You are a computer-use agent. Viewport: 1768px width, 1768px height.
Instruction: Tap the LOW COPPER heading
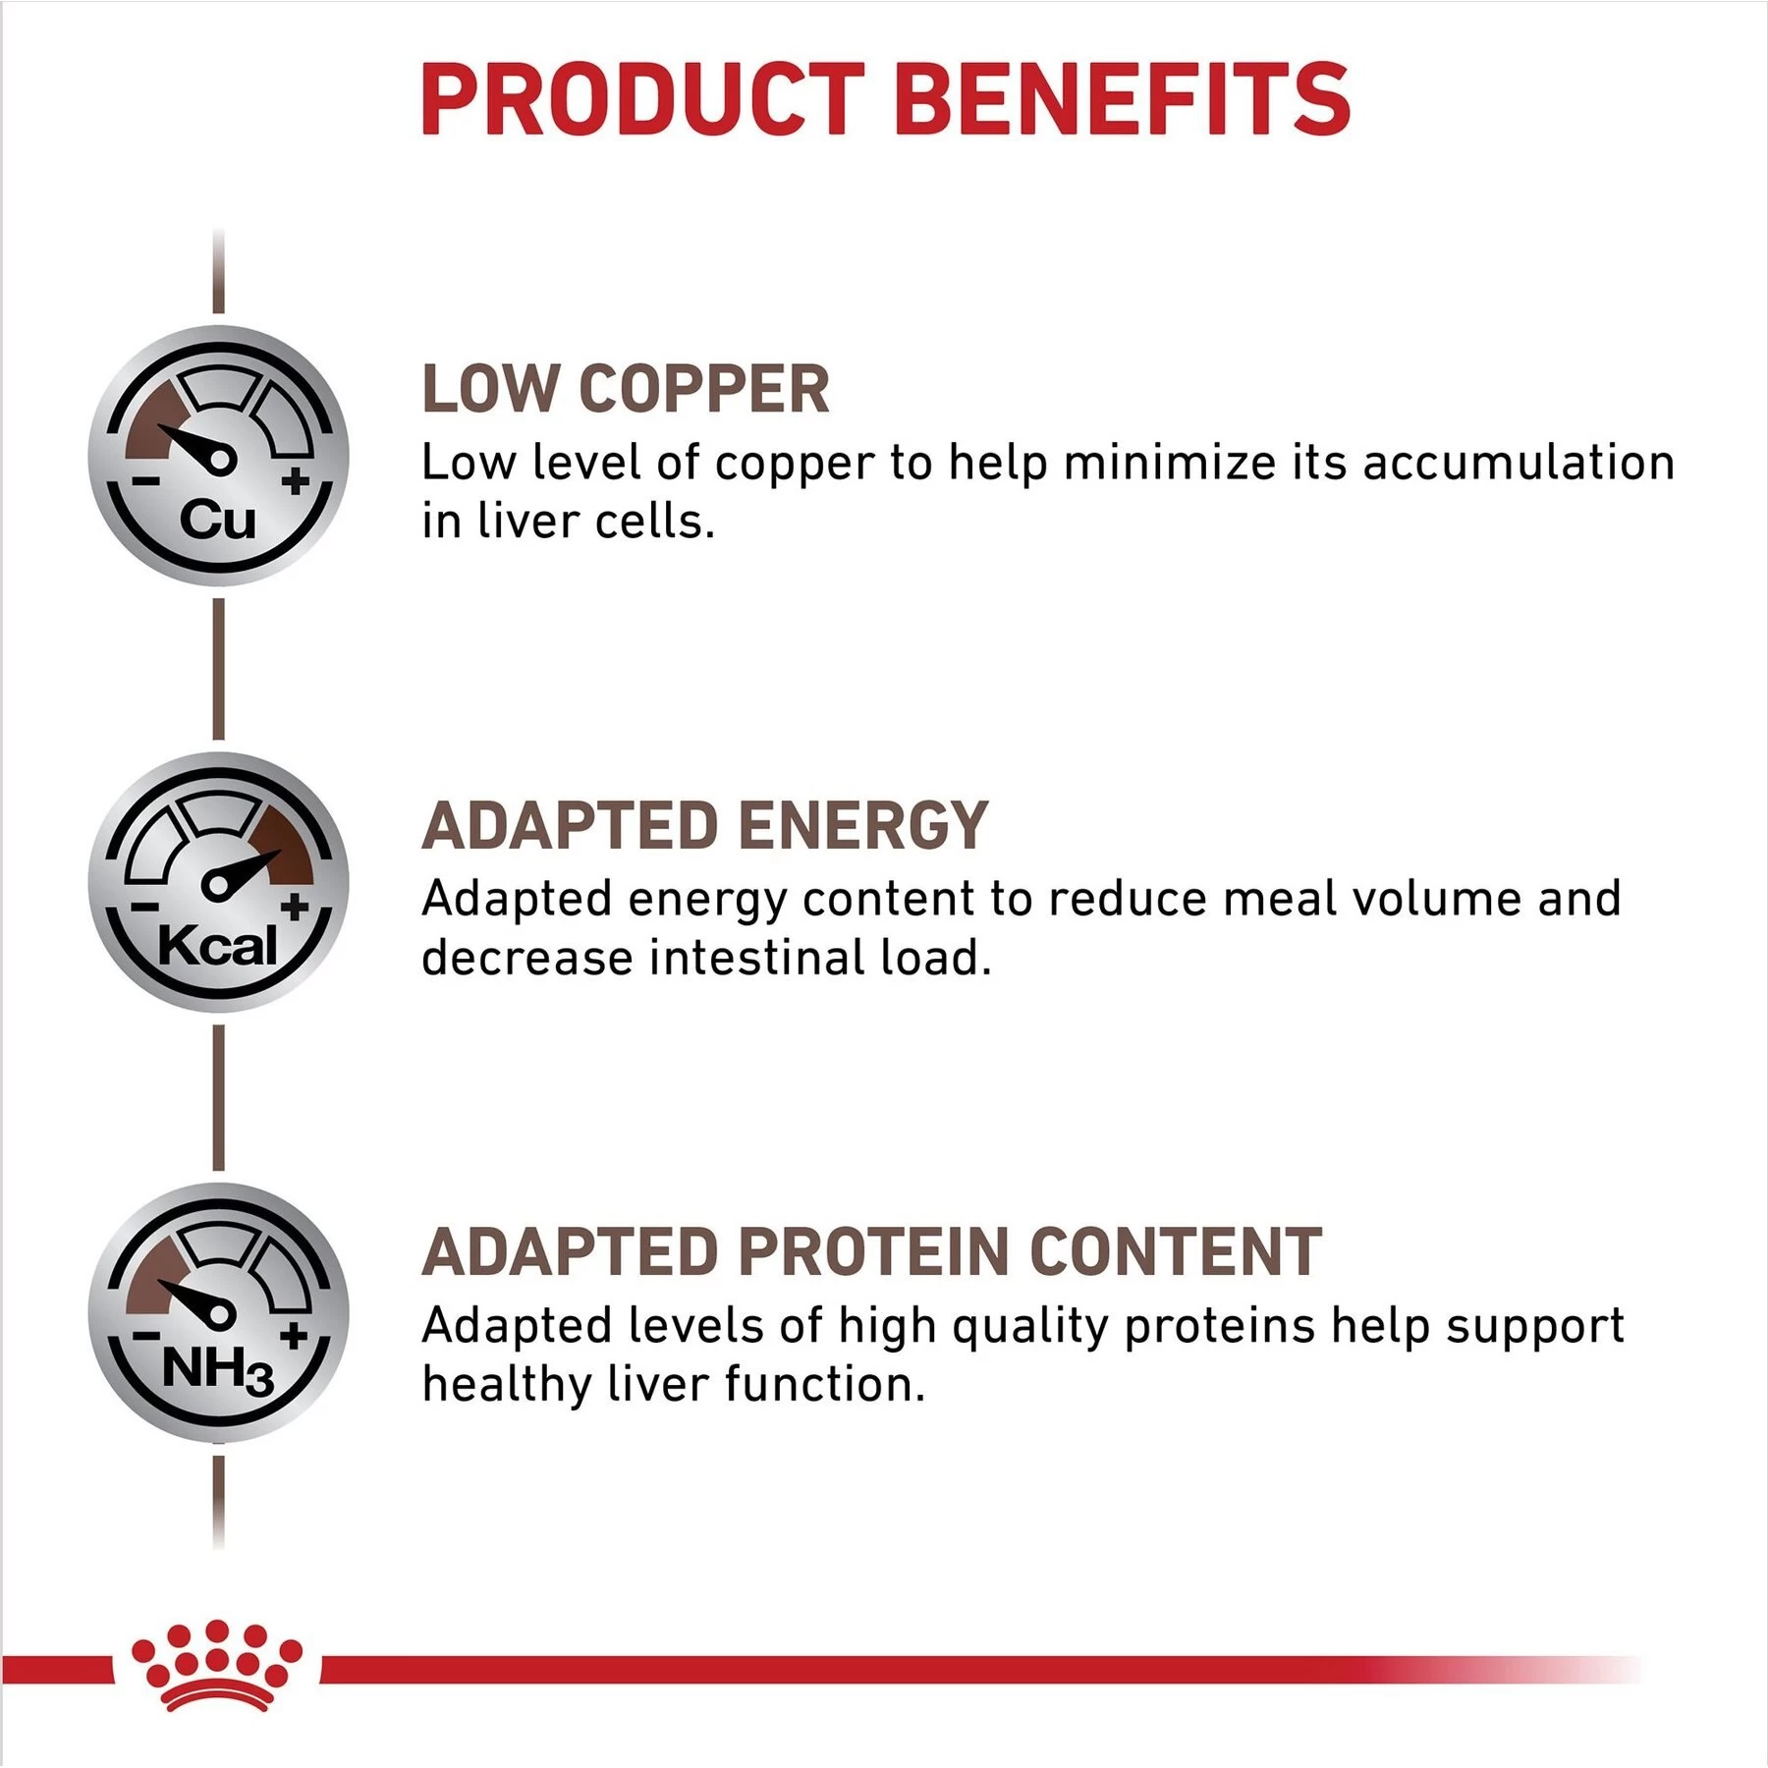click(626, 389)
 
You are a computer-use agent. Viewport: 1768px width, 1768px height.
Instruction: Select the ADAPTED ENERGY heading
click(704, 825)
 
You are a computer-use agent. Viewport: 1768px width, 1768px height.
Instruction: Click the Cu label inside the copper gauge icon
click(217, 520)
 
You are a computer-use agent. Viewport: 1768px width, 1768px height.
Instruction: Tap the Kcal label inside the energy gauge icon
click(218, 946)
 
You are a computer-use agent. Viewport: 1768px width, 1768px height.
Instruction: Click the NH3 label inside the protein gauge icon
click(218, 1369)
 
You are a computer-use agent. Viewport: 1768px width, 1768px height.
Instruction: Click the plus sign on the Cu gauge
click(295, 481)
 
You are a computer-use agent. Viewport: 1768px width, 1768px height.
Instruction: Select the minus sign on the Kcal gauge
click(144, 907)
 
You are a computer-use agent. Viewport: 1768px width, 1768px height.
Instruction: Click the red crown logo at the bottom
click(217, 1666)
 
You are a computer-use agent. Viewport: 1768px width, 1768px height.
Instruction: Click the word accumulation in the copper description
click(1519, 463)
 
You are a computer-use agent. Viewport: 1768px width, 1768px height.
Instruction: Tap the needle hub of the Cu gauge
click(220, 459)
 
